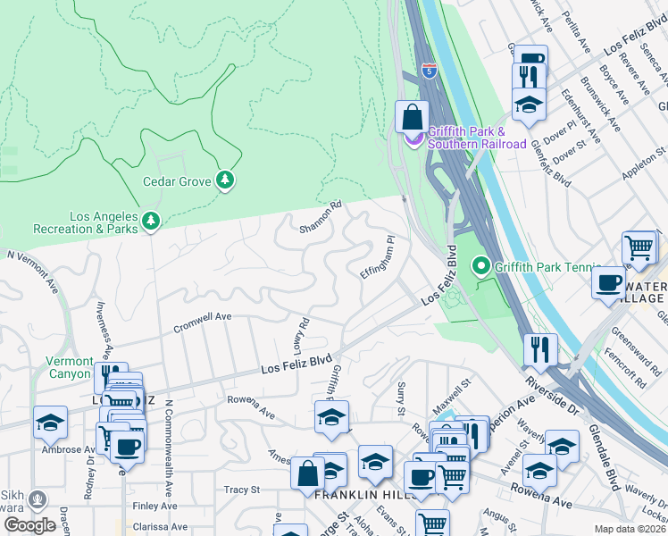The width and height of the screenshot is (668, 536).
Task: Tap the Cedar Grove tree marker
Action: (x=225, y=181)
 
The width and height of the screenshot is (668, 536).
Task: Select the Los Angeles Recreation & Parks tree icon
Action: (x=151, y=220)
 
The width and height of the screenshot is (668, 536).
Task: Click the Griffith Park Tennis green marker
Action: (x=481, y=266)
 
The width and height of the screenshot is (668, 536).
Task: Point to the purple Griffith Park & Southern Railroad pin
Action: (x=413, y=138)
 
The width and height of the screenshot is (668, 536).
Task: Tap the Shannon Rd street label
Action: (x=321, y=217)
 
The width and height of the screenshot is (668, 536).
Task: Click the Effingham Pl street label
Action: (x=377, y=257)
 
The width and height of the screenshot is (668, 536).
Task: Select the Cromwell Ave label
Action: (x=203, y=317)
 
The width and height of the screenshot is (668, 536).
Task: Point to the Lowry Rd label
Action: (x=301, y=334)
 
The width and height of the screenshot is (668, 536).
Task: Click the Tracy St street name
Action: (x=241, y=490)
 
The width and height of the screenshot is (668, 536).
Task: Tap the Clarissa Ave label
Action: (x=160, y=527)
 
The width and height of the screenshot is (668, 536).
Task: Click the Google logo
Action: (x=29, y=525)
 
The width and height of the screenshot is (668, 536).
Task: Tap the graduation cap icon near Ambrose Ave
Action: (x=49, y=421)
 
